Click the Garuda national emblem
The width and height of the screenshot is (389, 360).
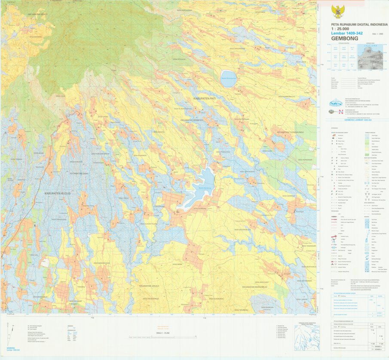pos(338,11)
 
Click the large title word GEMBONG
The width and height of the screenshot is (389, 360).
pos(344,38)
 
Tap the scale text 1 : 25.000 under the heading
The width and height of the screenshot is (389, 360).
pos(340,29)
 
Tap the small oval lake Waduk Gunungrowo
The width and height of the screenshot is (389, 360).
pos(228,79)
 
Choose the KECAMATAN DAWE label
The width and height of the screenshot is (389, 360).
pos(80,173)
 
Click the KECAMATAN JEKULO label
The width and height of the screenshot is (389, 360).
pos(150,285)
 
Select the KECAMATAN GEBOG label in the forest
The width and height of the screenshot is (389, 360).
pos(37,14)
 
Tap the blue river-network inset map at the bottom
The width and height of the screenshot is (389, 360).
pos(307,337)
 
